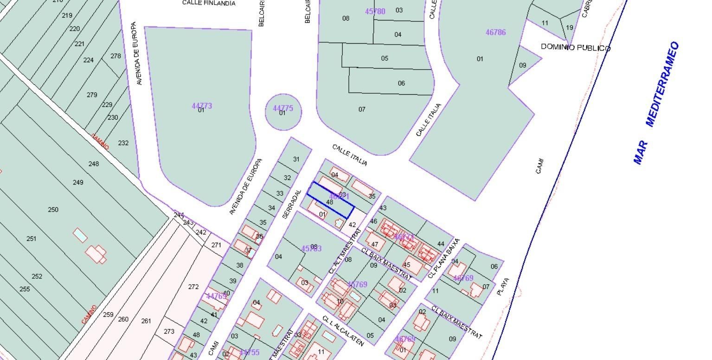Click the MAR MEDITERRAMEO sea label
[656, 103]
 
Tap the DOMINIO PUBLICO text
[576, 47]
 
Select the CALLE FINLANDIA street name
[209, 3]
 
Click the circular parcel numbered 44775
[283, 111]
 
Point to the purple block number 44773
[202, 106]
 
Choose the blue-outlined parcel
[330, 200]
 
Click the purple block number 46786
[495, 32]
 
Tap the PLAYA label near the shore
[503, 287]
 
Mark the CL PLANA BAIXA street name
[443, 258]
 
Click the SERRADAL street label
[292, 204]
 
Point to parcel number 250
[53, 210]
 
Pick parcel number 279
[92, 95]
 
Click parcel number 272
[193, 287]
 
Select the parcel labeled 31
[296, 159]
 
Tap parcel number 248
[94, 164]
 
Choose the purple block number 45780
[375, 12]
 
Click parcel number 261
[146, 321]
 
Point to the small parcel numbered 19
[570, 27]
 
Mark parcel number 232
[123, 143]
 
